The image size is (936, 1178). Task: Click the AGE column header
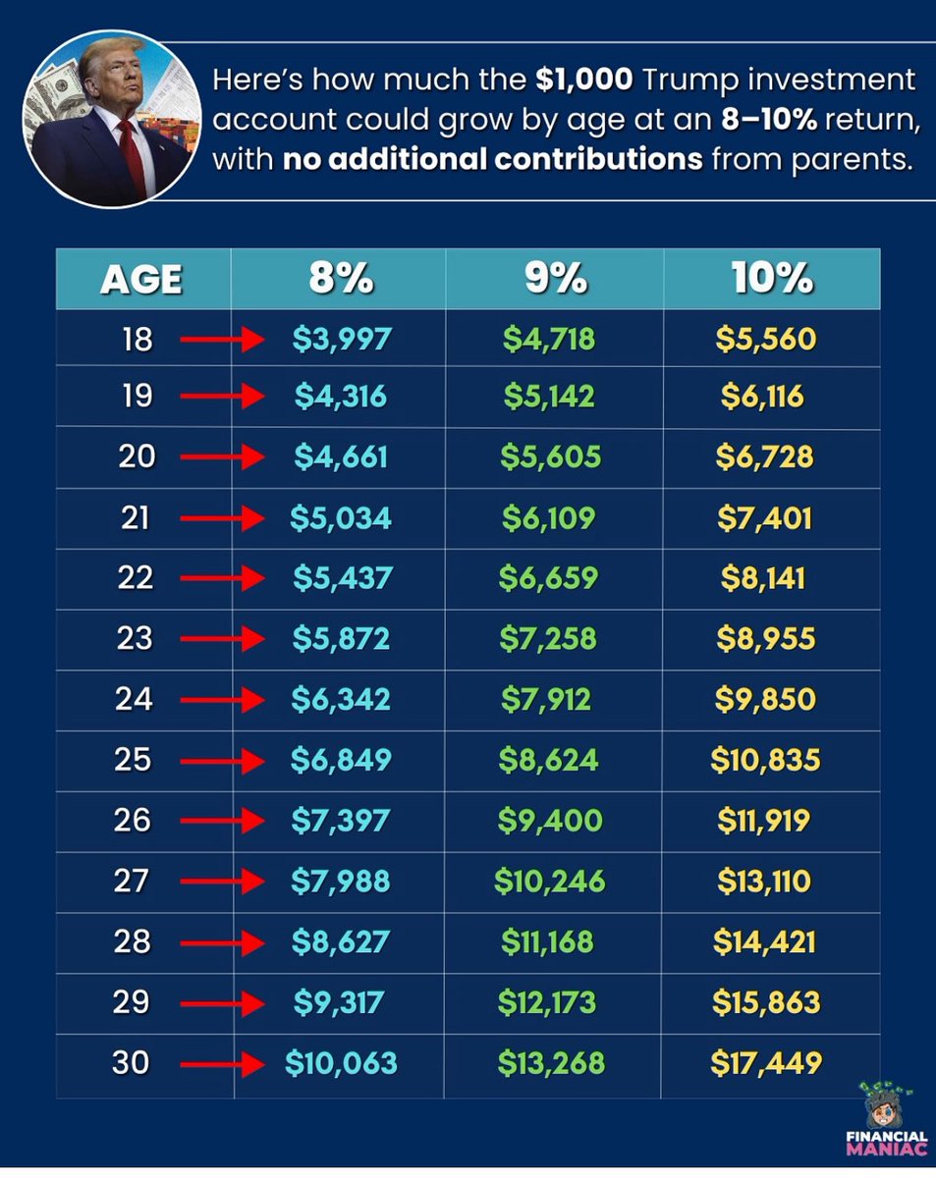coord(140,280)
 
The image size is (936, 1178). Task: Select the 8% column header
coord(341,279)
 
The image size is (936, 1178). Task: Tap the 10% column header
coord(771,279)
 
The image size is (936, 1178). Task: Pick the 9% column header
coord(554,279)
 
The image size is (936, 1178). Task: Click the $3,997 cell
coord(342,340)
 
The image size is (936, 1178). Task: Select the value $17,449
coord(765,1063)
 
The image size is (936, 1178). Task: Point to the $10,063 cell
coord(341,1063)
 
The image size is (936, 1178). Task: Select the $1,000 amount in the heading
coord(584,80)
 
